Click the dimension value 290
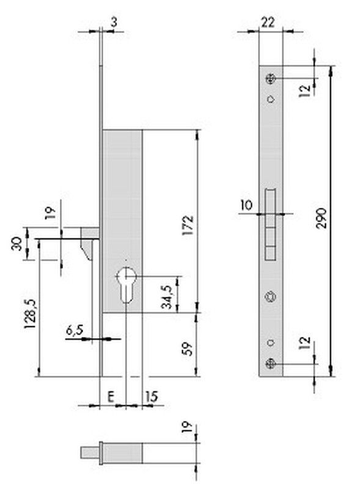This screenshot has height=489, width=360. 321,218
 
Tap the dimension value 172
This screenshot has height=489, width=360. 188,224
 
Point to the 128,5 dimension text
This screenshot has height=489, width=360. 31,313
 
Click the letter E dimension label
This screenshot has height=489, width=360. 111,397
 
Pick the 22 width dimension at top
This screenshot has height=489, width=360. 268,23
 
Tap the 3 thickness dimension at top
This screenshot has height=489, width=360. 114,23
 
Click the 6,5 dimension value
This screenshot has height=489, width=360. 75,329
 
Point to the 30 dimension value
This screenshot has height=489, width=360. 17,243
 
